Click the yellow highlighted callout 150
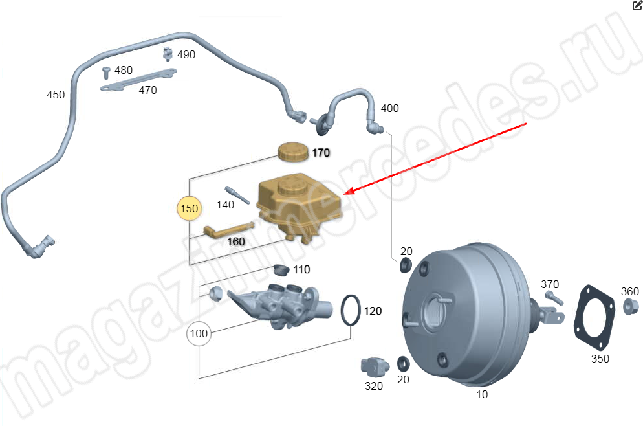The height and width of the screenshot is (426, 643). coord(190,209)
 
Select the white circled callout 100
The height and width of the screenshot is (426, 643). coord(199,334)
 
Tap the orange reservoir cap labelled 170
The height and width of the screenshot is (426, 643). coord(294,151)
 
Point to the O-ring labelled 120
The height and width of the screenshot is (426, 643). coord(350,310)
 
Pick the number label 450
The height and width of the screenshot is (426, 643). coord(56,95)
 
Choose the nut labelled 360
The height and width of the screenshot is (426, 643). coord(629,306)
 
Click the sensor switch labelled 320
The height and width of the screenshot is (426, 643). coord(373,367)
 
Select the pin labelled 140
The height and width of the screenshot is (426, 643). coord(237,196)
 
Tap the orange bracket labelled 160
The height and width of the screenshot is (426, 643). coord(226,230)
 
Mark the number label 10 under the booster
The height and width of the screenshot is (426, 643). coord(482,394)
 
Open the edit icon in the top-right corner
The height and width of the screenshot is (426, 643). coord(637,5)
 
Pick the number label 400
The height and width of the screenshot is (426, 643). coord(389,108)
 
